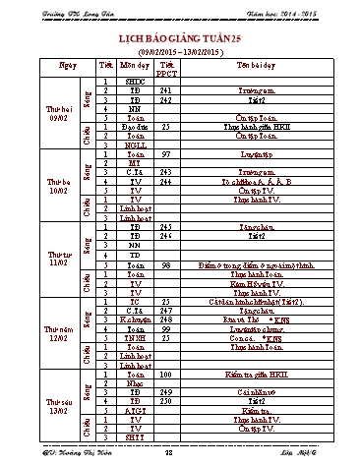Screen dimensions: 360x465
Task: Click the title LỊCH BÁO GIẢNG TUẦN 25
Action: (181, 32)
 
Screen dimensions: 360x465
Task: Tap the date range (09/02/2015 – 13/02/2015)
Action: (181, 46)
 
